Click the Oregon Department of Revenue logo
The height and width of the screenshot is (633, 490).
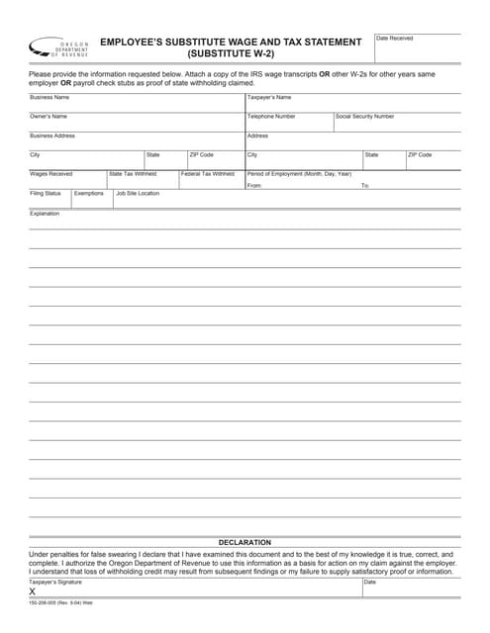point(59,47)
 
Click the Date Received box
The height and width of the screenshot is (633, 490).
point(417,48)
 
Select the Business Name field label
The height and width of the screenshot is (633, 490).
point(49,98)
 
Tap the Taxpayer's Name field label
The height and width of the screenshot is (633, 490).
point(269,98)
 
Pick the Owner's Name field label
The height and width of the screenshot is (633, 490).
point(49,117)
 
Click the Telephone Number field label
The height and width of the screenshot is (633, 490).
point(271,117)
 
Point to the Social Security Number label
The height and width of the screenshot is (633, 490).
point(364,117)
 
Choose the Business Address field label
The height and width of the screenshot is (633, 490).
point(52,136)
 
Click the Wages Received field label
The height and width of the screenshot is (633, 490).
point(51,174)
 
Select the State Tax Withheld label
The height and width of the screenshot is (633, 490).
point(133,174)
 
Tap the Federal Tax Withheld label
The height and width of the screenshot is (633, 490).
point(207,174)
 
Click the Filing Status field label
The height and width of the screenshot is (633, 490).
point(46,194)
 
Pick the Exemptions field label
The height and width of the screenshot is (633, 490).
point(88,194)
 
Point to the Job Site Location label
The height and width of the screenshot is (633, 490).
point(138,194)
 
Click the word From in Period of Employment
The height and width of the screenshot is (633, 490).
point(254,186)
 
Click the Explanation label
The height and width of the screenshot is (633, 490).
point(45,214)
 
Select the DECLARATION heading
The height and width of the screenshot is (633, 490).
point(245,543)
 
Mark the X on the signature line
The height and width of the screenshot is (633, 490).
point(33,591)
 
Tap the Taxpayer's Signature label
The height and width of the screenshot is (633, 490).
point(55,583)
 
